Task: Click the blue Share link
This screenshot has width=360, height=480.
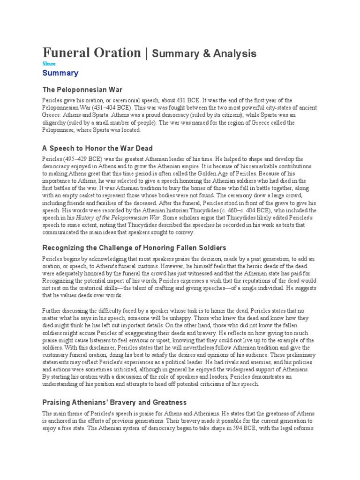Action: (x=49, y=64)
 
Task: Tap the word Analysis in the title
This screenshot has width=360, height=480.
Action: (x=230, y=53)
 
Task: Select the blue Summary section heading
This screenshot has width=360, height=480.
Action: (x=60, y=73)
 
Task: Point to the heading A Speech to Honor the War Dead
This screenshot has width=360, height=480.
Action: (x=97, y=149)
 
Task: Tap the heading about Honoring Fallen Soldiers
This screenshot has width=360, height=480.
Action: (x=135, y=247)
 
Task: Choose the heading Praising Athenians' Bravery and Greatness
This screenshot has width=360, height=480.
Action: (x=114, y=402)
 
